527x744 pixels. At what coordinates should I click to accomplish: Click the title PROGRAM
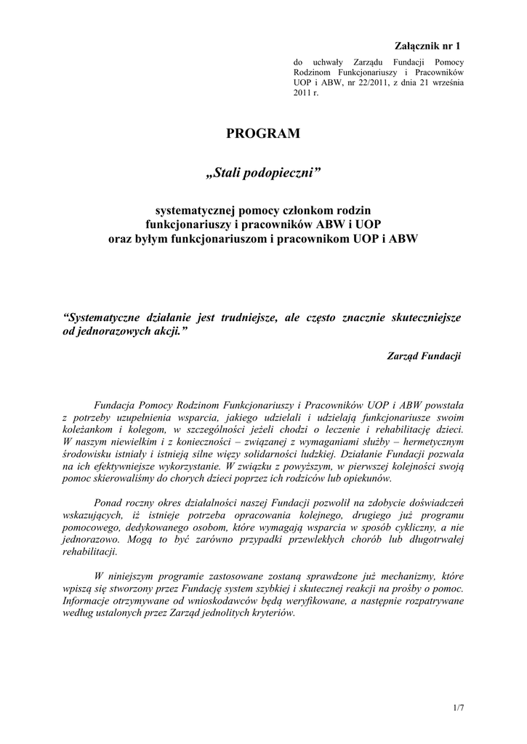tap(263, 133)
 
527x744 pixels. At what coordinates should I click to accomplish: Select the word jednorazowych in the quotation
tap(111, 330)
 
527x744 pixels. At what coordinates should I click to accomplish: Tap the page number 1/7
tap(458, 707)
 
